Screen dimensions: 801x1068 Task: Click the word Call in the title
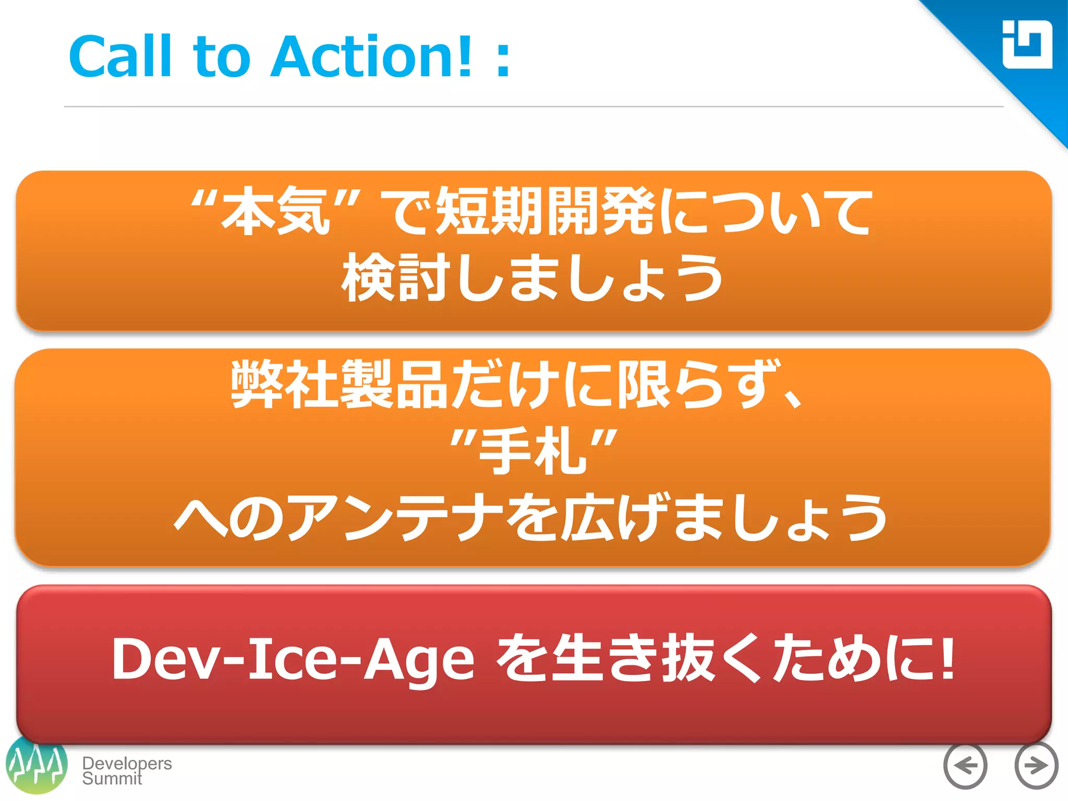click(120, 56)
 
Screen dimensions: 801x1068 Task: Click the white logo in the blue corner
click(1027, 45)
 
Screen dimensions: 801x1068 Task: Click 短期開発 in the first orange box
click(545, 211)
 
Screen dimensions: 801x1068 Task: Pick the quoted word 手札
click(533, 451)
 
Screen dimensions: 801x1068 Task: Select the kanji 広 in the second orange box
click(587, 518)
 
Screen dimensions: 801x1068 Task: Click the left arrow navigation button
click(965, 766)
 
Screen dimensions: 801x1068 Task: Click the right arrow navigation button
click(1036, 766)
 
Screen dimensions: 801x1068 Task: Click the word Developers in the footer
click(127, 763)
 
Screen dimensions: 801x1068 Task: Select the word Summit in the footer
click(112, 779)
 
